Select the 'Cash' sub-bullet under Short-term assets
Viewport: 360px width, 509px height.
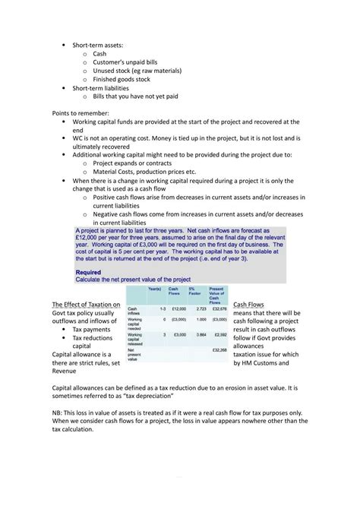click(x=99, y=54)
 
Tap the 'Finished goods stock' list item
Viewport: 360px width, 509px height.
click(x=122, y=79)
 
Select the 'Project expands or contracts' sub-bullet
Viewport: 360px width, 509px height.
click(x=138, y=163)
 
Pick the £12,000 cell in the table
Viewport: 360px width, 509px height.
click(x=179, y=309)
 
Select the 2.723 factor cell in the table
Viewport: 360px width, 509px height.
click(x=201, y=309)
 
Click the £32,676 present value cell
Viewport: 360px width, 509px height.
click(x=219, y=309)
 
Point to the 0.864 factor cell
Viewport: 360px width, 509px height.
click(x=201, y=334)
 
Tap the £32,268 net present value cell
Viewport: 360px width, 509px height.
click(x=219, y=350)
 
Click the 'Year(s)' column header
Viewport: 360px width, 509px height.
click(x=154, y=289)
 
